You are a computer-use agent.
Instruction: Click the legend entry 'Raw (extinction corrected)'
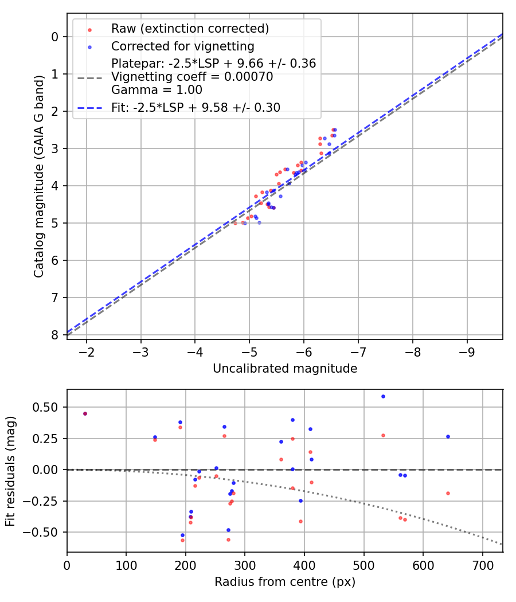coord(190,29)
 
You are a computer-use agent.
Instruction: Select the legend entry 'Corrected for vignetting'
coord(182,46)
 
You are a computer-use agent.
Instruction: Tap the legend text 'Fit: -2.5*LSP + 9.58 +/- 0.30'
coord(196,107)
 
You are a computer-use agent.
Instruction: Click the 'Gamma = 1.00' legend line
coord(157,89)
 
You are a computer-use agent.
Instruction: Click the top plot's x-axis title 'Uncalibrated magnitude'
coord(285,369)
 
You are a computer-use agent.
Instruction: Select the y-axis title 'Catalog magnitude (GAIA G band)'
coord(38,187)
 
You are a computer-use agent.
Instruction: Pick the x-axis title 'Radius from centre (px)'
coord(285,582)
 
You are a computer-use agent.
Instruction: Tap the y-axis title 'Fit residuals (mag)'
coord(11,471)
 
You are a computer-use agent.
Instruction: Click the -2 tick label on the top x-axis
coord(87,351)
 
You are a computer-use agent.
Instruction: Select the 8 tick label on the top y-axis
coord(55,335)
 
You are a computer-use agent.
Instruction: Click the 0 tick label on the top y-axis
coord(55,37)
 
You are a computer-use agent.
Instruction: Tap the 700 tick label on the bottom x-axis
coord(482,564)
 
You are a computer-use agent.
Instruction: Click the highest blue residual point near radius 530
coord(383,396)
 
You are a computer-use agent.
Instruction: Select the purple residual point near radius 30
coord(85,413)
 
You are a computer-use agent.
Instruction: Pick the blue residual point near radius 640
coord(448,436)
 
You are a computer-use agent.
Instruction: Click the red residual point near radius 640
coord(448,493)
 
